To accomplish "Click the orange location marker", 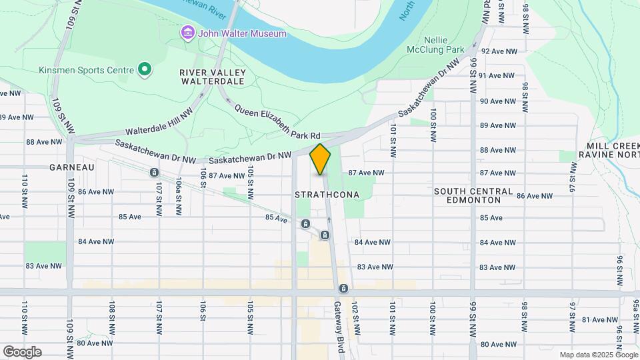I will point(320,159).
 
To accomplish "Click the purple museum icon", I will point(188,33).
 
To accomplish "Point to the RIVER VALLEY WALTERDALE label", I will point(213,77).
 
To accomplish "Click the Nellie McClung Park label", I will point(435,44).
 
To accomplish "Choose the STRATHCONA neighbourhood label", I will point(327,195).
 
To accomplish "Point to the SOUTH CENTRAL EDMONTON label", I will point(473,195).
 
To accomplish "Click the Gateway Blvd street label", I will point(338,327).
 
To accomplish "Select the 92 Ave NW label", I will point(498,51).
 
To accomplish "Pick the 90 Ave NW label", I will point(498,101).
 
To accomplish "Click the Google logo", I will point(22,351).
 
